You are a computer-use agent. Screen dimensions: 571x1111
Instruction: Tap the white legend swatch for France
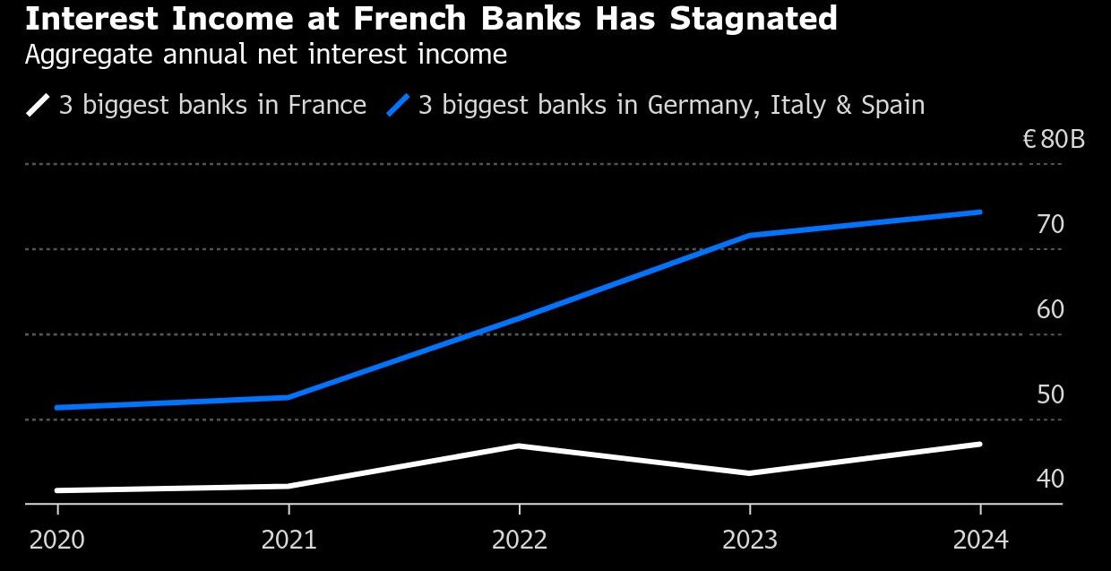point(39,105)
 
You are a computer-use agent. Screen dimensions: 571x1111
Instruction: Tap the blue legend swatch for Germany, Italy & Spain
point(398,105)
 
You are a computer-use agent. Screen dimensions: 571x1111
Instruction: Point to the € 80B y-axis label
point(1054,140)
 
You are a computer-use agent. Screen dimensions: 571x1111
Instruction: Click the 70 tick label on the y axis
point(1050,224)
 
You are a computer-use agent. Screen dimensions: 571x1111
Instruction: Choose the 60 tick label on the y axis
point(1050,309)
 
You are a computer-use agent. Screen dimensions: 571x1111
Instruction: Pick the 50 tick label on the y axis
point(1050,394)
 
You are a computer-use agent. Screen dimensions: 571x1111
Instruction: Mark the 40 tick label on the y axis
point(1050,480)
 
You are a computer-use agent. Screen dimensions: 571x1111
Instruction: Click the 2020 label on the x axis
point(57,540)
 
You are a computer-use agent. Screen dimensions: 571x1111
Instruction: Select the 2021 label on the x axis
point(289,540)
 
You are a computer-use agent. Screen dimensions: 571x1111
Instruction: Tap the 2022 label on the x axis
point(519,540)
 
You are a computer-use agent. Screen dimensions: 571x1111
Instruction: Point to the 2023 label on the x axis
point(750,540)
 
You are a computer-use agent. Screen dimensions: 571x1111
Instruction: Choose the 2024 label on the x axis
point(980,540)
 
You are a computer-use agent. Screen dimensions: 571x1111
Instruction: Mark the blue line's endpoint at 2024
point(980,212)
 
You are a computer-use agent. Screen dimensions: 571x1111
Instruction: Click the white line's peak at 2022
point(519,446)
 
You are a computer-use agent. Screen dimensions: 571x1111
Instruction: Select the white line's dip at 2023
point(750,472)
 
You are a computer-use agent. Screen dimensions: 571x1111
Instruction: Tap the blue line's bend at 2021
point(289,397)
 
